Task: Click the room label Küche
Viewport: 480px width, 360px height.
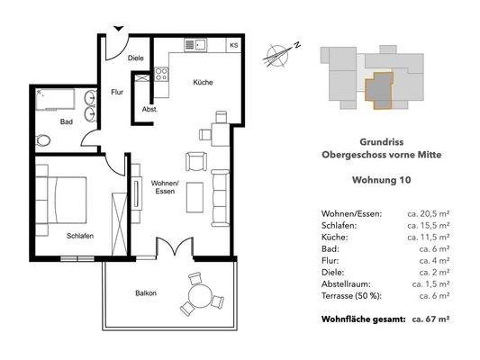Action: [203, 83]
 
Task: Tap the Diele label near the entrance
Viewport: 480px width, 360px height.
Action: [136, 58]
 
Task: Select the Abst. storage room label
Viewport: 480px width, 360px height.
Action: [149, 110]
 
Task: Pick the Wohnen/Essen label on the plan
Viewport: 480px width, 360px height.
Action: [165, 187]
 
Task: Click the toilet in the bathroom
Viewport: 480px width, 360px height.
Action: [46, 141]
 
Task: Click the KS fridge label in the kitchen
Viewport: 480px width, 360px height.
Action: [233, 45]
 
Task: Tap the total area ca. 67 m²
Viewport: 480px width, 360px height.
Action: [430, 319]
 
